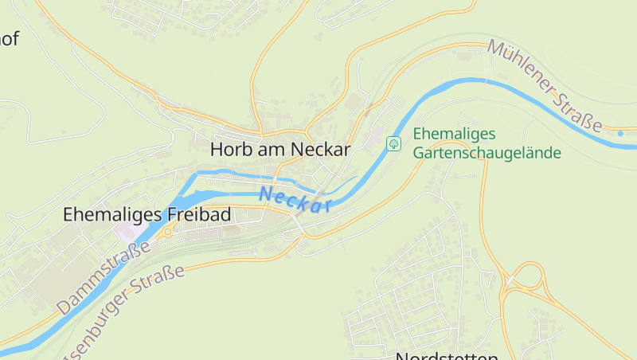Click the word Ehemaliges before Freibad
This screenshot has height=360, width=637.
coord(112,215)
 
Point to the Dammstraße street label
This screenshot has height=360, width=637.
coord(104,278)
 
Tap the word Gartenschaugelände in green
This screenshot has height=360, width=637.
coord(487,153)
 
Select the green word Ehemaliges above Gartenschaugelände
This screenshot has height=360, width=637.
coord(455,134)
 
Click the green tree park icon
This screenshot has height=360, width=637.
coord(393,143)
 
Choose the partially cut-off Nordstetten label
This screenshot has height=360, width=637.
coord(447,355)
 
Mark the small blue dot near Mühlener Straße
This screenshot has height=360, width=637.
coord(621,134)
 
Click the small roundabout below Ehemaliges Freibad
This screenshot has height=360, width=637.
coord(168,231)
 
